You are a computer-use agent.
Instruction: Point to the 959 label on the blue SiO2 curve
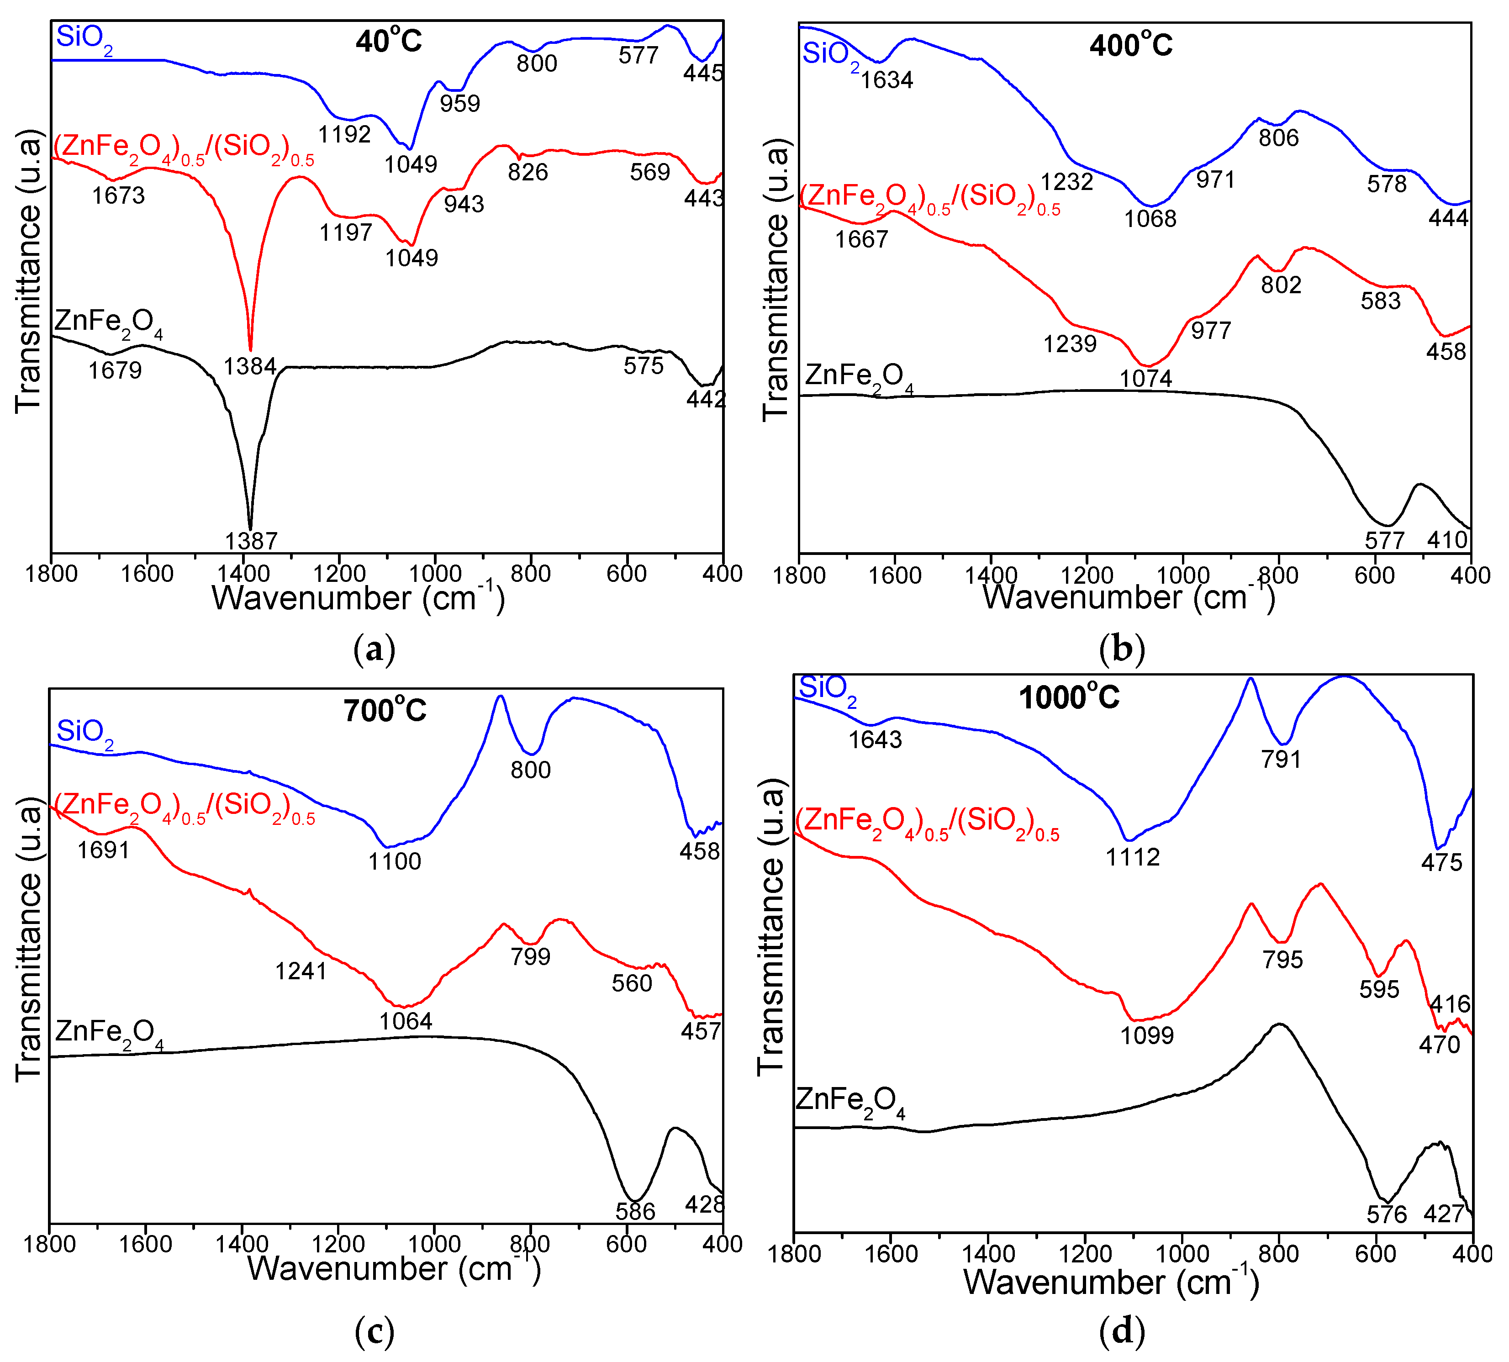[x=459, y=103]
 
